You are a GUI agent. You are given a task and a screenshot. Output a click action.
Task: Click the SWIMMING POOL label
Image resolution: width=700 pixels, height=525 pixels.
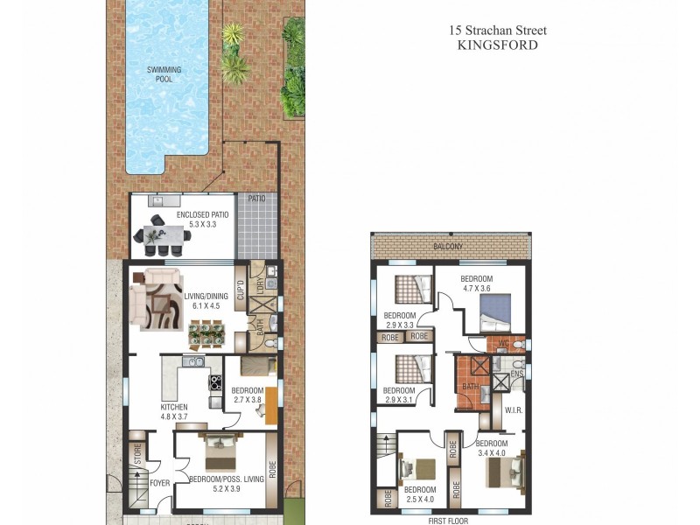click(159, 73)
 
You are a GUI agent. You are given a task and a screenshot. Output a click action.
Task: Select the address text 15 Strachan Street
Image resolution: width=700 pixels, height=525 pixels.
click(498, 30)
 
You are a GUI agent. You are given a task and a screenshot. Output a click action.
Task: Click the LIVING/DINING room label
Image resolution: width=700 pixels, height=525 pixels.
click(206, 298)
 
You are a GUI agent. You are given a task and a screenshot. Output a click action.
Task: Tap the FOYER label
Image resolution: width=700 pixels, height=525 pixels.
click(159, 482)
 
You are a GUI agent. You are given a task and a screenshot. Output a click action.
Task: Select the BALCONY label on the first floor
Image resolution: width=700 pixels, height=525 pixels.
click(450, 248)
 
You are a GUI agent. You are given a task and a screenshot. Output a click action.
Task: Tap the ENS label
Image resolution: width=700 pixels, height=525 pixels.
click(516, 373)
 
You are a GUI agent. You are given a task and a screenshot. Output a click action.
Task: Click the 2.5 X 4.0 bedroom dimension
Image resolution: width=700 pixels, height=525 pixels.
click(420, 500)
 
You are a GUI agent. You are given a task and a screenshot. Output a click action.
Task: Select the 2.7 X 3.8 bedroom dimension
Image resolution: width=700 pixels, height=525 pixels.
click(247, 400)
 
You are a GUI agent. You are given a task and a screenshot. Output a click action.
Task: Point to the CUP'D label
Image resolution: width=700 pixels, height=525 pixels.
click(240, 290)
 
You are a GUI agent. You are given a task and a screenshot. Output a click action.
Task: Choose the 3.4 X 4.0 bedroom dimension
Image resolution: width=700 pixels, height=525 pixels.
click(492, 453)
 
